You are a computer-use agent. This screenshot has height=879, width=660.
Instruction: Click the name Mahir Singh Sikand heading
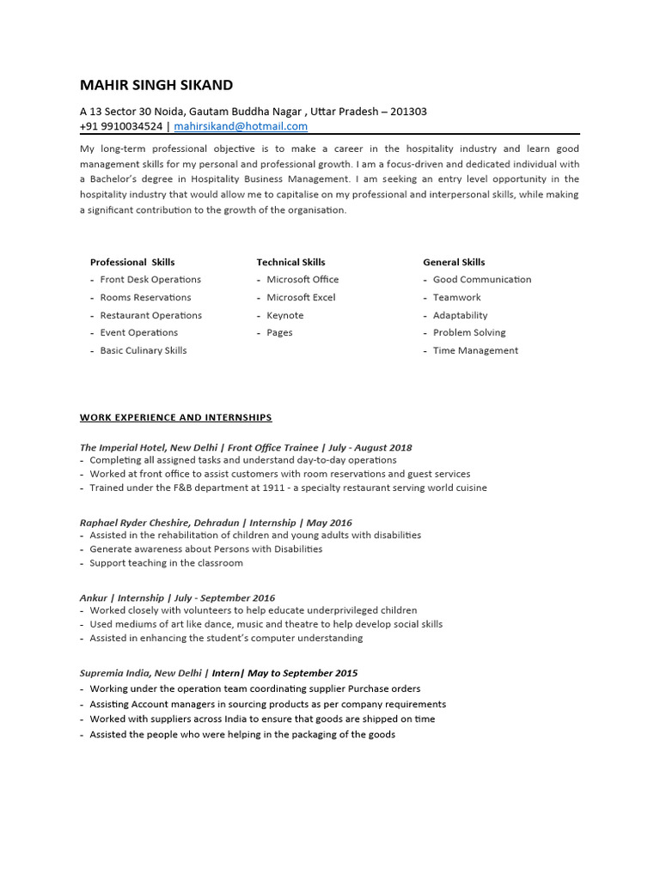(x=156, y=85)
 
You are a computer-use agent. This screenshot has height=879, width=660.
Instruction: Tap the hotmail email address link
(x=241, y=126)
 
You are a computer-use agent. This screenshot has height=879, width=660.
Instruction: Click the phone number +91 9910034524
(x=121, y=126)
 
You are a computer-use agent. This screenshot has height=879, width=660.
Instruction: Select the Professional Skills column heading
(x=132, y=262)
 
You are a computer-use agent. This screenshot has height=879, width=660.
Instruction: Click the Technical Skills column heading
(x=290, y=262)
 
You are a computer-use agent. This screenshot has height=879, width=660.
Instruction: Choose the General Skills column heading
(x=454, y=262)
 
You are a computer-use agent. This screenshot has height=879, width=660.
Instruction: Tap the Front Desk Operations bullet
(x=150, y=280)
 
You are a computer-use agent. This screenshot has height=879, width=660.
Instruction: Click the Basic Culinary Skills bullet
(x=143, y=350)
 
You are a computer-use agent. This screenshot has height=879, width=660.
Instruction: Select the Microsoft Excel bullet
(x=301, y=297)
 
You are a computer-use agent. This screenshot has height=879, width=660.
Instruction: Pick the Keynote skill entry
(x=284, y=315)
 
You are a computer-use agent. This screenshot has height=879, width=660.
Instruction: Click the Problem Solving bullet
(x=469, y=332)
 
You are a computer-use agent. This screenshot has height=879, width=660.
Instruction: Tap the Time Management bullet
(x=475, y=350)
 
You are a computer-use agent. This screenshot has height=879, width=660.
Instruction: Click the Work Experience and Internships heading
(x=176, y=418)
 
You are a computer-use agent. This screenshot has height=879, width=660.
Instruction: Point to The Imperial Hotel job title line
(x=246, y=447)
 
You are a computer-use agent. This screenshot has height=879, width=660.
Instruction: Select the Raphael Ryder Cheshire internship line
(x=216, y=522)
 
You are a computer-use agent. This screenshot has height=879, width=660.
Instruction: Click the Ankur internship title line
(x=177, y=597)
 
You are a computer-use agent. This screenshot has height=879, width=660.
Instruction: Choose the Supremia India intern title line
(x=218, y=673)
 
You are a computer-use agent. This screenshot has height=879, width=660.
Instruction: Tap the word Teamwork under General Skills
(x=456, y=297)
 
